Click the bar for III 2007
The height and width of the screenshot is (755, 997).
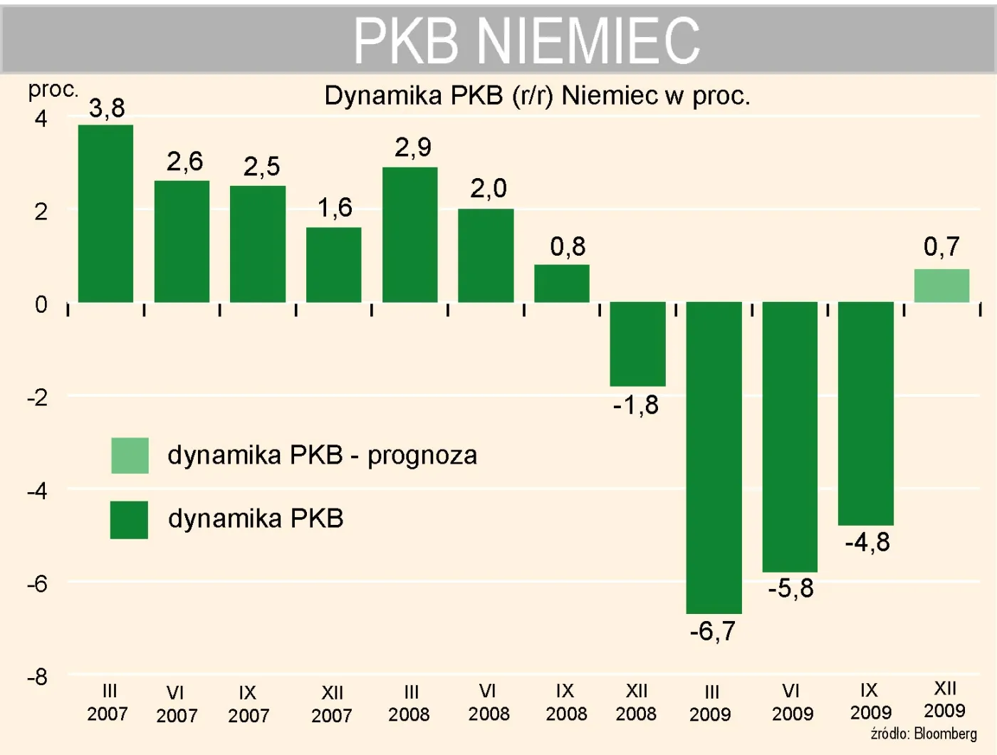pyautogui.click(x=105, y=214)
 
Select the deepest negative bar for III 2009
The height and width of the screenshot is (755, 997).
pyautogui.click(x=714, y=457)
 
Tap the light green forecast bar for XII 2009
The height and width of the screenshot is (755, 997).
pyautogui.click(x=941, y=286)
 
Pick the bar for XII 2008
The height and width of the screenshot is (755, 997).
pyautogui.click(x=637, y=344)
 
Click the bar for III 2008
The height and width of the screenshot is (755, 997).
pyautogui.click(x=409, y=235)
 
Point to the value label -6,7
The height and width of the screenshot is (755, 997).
pyautogui.click(x=712, y=631)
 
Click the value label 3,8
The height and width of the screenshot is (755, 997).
pyautogui.click(x=107, y=108)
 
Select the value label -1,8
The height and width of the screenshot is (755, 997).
pyautogui.click(x=636, y=405)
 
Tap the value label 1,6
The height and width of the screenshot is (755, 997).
pyautogui.click(x=335, y=208)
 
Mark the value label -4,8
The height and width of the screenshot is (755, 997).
pyautogui.click(x=867, y=543)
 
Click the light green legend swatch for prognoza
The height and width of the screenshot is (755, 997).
pyautogui.click(x=130, y=456)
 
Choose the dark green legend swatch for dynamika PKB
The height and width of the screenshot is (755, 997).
pyautogui.click(x=129, y=519)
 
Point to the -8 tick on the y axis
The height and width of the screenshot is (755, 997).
pyautogui.click(x=37, y=677)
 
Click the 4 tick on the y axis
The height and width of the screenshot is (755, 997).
pyautogui.click(x=41, y=118)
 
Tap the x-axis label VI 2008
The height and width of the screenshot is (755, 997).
pyautogui.click(x=489, y=702)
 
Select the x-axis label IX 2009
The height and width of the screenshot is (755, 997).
pyautogui.click(x=870, y=702)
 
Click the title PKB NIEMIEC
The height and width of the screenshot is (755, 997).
pyautogui.click(x=527, y=41)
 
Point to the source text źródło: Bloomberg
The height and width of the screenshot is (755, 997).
pyautogui.click(x=924, y=734)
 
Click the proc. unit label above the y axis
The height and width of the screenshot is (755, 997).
pyautogui.click(x=53, y=90)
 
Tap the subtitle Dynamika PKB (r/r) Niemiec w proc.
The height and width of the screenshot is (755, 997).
pyautogui.click(x=537, y=95)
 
